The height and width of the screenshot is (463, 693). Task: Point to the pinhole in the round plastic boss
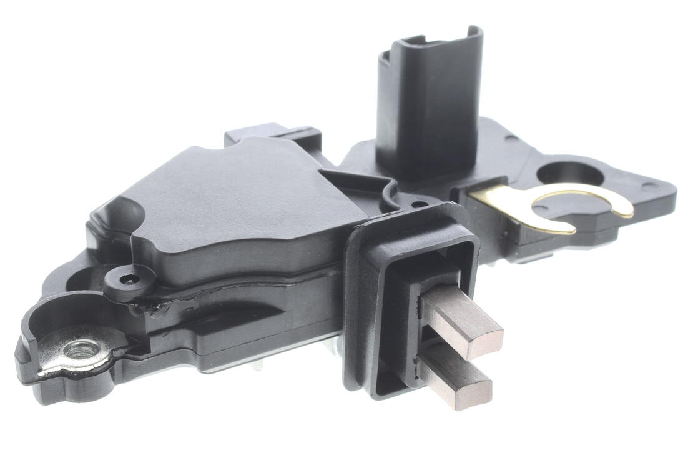pos(129,277)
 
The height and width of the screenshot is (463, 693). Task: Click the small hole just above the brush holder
pos(419,204)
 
